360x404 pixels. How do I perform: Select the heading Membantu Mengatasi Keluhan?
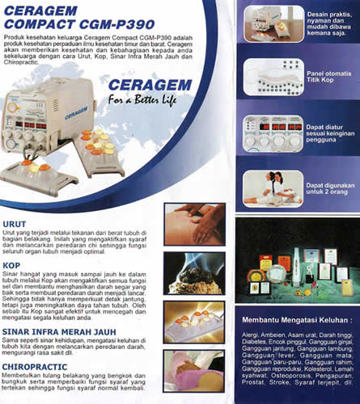293,322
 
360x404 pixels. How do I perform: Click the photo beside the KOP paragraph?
194,271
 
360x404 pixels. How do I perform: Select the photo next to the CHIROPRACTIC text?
194,371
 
